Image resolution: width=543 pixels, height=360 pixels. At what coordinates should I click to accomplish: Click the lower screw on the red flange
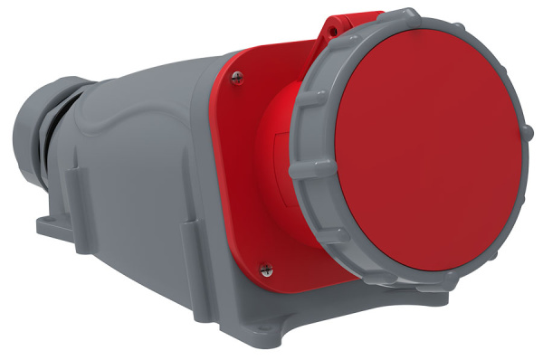click(264, 268)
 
